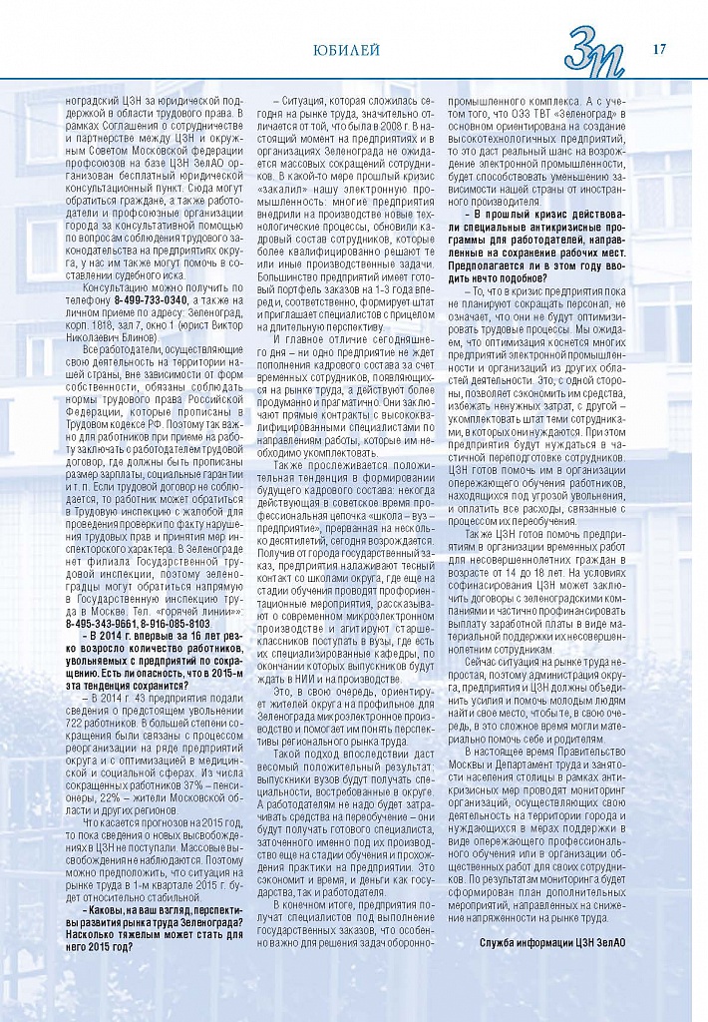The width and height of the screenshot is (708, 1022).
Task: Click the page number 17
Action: (660, 49)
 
